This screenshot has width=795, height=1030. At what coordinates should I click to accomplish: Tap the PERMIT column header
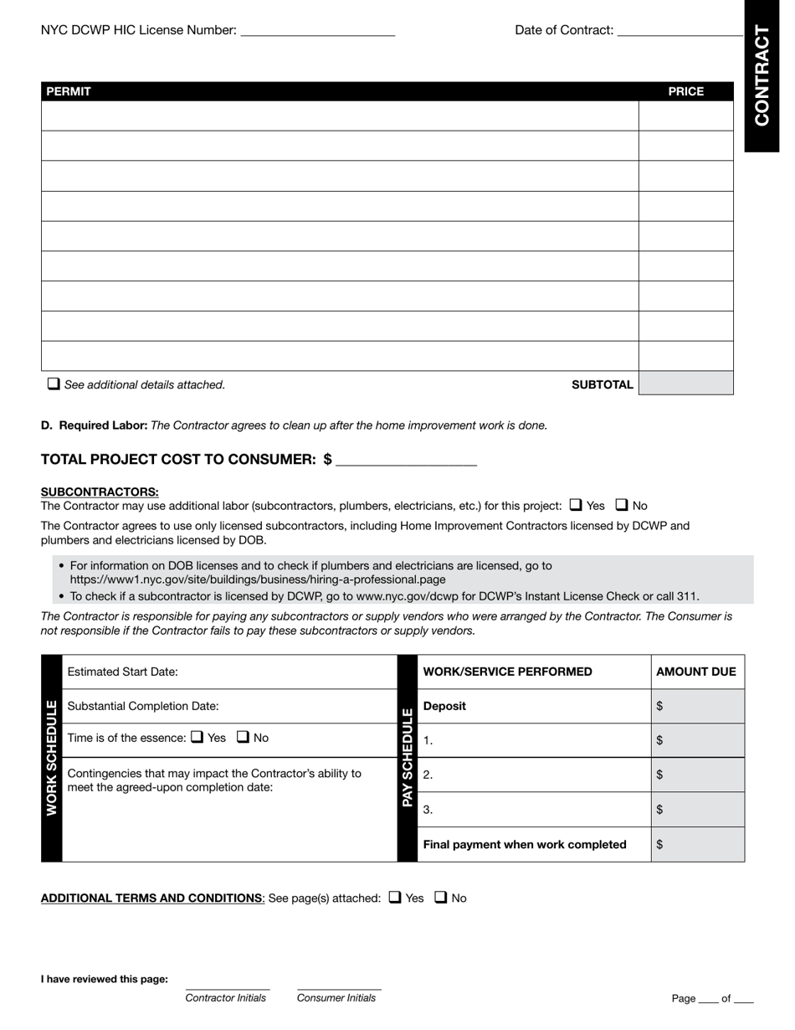tap(69, 91)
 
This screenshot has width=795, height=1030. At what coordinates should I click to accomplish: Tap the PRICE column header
tap(685, 91)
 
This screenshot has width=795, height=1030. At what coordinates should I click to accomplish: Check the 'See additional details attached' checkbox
tap(54, 384)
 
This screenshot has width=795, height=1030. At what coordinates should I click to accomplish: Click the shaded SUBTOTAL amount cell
tap(685, 384)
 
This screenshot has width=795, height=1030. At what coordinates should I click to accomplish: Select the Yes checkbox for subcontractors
tap(576, 505)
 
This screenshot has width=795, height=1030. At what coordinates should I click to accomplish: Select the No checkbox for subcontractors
tap(622, 505)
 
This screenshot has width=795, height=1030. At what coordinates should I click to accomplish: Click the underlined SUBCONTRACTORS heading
tap(100, 492)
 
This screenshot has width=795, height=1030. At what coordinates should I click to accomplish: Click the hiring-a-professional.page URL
tap(258, 579)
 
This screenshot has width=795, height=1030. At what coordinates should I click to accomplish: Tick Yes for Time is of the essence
tap(197, 737)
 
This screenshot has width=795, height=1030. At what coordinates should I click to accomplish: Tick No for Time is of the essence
tap(244, 737)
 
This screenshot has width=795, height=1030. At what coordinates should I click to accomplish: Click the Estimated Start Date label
tap(122, 672)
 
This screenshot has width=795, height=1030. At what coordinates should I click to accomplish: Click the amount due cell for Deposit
tap(697, 706)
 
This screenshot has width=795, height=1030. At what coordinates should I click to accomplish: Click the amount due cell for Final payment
tap(697, 844)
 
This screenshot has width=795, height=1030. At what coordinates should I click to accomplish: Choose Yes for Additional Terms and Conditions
tap(395, 898)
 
